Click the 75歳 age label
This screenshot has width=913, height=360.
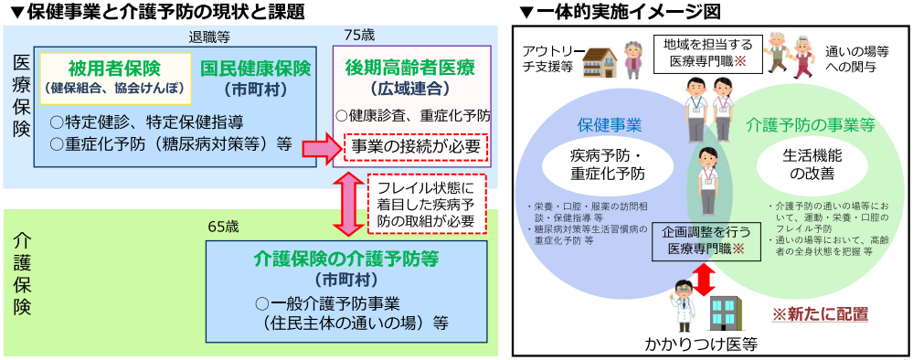point(359,35)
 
